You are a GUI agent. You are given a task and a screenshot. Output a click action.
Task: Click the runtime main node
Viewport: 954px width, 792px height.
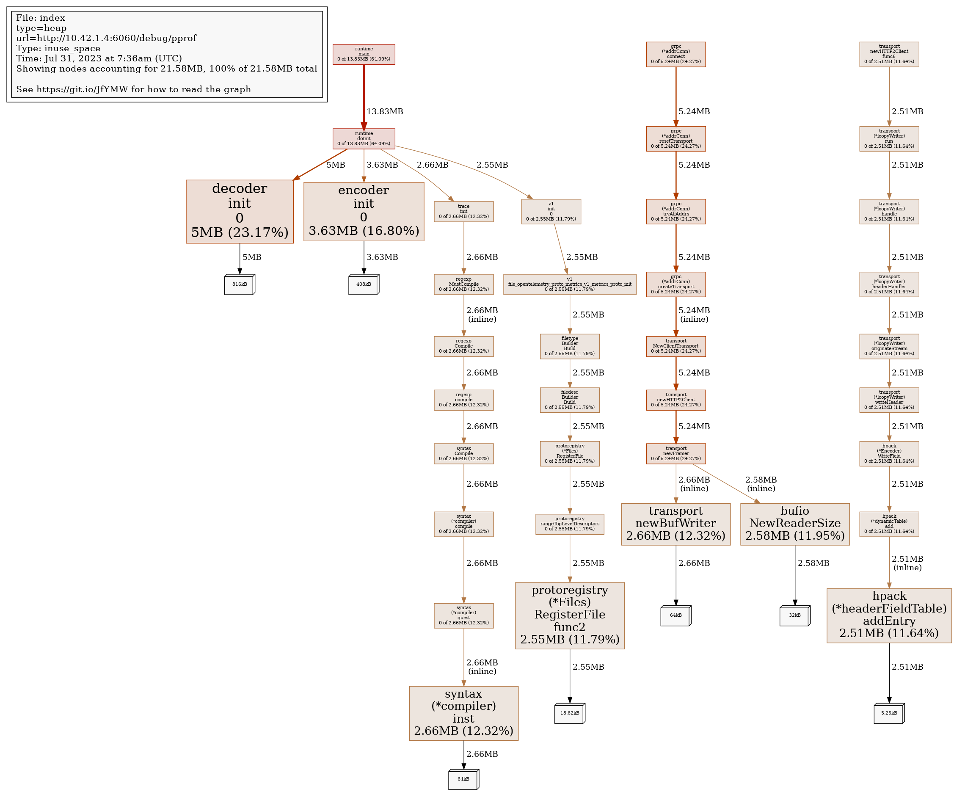[x=364, y=54]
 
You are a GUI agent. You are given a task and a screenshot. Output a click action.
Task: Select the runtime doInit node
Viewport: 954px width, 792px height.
[x=364, y=138]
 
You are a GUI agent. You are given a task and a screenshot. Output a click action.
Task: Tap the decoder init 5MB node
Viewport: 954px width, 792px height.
[x=240, y=211]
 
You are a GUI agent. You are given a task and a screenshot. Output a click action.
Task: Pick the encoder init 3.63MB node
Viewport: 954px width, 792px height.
[x=364, y=211]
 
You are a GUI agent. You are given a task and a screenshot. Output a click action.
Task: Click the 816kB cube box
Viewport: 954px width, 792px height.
[x=240, y=284]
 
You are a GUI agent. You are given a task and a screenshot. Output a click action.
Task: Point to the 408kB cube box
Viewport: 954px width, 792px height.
[x=364, y=284]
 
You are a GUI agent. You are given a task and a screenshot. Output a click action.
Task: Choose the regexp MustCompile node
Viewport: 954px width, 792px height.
[x=463, y=284]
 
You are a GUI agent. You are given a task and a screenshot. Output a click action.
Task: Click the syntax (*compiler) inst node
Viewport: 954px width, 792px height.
[x=463, y=713]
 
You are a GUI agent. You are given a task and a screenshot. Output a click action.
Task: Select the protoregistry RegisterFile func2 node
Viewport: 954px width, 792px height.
[x=570, y=615]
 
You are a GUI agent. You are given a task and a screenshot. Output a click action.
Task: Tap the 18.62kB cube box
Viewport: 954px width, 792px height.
[x=570, y=713]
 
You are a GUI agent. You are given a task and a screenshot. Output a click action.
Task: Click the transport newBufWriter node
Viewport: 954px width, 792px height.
[x=676, y=524]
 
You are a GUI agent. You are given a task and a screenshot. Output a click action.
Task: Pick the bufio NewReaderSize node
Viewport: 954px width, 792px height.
[x=794, y=524]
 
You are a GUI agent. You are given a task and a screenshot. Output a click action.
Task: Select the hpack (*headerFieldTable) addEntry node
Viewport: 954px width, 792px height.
[x=889, y=615]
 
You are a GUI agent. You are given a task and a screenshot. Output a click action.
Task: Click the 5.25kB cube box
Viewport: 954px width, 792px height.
[x=889, y=713]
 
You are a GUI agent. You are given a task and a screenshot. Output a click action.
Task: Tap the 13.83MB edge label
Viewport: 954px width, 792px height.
[x=385, y=112]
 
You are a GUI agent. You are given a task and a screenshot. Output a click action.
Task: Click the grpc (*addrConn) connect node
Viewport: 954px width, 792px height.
[x=676, y=54]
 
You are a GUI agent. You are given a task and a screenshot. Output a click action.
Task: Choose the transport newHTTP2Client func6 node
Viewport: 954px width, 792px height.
[x=889, y=54]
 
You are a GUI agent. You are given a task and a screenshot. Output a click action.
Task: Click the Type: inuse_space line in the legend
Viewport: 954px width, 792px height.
[x=58, y=48]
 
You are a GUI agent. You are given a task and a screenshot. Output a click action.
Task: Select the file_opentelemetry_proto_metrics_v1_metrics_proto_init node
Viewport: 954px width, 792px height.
[x=570, y=284]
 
